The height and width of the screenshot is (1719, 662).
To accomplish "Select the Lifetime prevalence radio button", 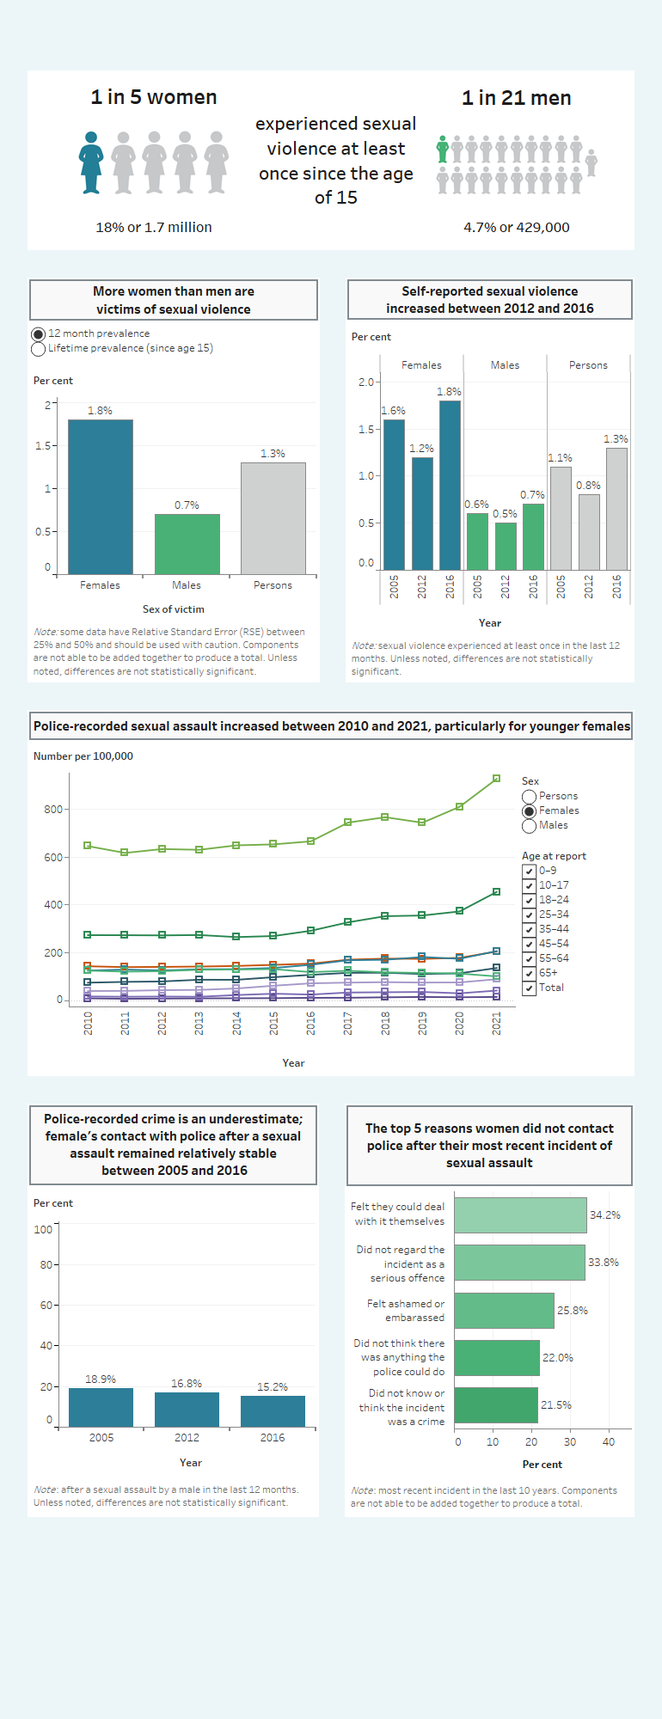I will pos(38,349).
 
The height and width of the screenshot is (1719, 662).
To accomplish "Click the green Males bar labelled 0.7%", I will pos(187,544).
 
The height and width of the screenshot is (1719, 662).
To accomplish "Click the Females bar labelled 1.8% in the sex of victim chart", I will pos(100,497).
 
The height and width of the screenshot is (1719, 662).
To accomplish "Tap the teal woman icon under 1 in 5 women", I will pos(91,162).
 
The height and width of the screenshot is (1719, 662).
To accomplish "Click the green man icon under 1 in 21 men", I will pos(442,150).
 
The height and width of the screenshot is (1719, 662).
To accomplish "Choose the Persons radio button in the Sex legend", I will pos(529,797).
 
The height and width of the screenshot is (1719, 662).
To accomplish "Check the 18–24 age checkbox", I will pos(529,900).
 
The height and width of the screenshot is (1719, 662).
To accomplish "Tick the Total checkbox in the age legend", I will pos(529,988).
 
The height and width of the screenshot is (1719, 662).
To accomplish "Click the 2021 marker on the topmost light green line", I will pos(496,779).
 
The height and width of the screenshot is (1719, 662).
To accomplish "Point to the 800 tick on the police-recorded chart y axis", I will pos(53,809).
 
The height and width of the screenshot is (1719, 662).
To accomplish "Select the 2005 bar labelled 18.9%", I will pos(101,1407).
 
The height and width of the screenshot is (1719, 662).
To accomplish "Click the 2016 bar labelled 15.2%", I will pos(273,1411).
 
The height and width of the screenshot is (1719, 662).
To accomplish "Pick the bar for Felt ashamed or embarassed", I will pos(504,1311).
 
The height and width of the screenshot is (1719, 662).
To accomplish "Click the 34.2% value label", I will pos(604,1215).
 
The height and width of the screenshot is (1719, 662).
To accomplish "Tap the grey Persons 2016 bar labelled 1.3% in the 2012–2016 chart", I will pos(616,509).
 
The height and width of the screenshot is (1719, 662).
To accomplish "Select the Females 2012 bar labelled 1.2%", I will pos(422,513).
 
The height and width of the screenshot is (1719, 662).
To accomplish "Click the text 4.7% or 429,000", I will pos(516,228).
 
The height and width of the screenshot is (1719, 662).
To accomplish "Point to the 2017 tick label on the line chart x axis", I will pos(348,1023).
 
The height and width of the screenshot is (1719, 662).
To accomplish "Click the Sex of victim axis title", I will pos(174,609).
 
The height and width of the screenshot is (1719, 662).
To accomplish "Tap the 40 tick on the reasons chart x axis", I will pos(609,1442).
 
